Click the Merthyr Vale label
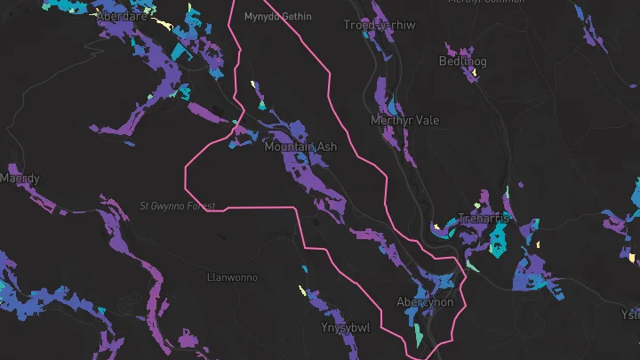[x=404, y=120]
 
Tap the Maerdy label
[x=19, y=179]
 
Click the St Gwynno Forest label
[x=178, y=206]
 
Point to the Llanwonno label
[x=232, y=277]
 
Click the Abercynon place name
[x=425, y=302]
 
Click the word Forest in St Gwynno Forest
[x=200, y=206]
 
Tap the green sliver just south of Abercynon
[x=419, y=334]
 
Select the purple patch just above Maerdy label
[x=12, y=167]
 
